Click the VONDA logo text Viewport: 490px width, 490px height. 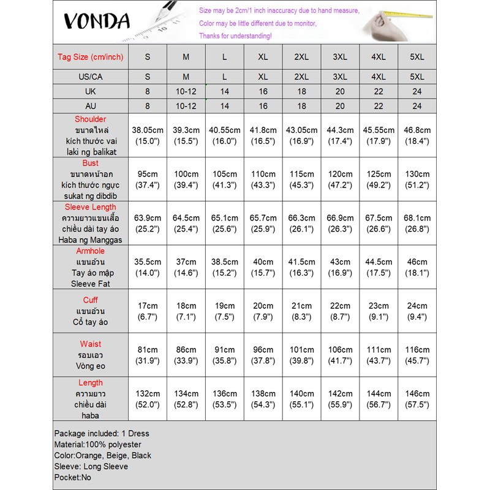[x=97, y=21]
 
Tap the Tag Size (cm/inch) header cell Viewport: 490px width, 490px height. [x=90, y=57]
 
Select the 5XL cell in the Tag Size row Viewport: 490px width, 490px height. [x=417, y=57]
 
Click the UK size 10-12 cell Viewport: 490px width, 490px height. [x=186, y=91]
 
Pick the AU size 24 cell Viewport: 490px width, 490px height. [x=417, y=106]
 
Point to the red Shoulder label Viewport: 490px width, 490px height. [x=90, y=119]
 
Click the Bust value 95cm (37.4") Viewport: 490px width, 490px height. [x=148, y=179]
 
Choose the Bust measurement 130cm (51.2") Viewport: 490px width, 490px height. [x=417, y=179]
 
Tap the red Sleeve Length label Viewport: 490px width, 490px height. [x=90, y=207]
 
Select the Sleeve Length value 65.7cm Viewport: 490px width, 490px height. [x=263, y=218]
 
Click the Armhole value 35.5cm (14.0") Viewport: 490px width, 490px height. [x=148, y=268]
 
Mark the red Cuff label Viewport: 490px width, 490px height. [x=90, y=300]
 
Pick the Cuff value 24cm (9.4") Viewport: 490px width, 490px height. [x=417, y=311]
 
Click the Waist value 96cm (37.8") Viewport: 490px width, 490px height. [x=263, y=355]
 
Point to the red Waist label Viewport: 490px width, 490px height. [x=90, y=344]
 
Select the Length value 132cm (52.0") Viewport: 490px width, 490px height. [x=148, y=399]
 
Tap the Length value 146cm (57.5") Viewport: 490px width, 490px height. [x=417, y=399]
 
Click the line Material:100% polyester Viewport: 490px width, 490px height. [x=97, y=445]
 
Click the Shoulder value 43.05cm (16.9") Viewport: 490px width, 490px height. [x=301, y=135]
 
